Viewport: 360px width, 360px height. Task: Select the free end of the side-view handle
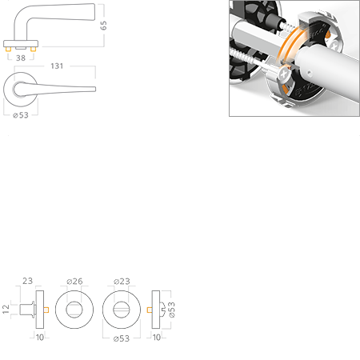pyautogui.click(x=95, y=10)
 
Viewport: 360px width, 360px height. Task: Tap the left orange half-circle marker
pyautogui.click(x=47, y=309)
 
